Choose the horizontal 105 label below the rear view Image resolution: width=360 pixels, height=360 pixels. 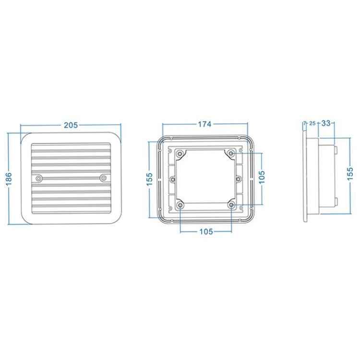tap(205, 231)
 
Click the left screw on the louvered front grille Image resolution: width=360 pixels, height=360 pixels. tap(39, 179)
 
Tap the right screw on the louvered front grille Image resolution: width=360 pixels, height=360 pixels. tap(103, 179)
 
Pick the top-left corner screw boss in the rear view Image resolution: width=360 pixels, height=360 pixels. tap(180, 154)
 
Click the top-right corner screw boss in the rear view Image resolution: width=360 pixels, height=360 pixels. tap(232, 153)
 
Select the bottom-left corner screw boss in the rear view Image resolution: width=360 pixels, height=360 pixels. tap(180, 205)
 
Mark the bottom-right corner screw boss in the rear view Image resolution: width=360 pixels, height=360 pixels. tap(232, 205)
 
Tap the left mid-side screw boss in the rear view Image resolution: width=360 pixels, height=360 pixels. tap(173, 179)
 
